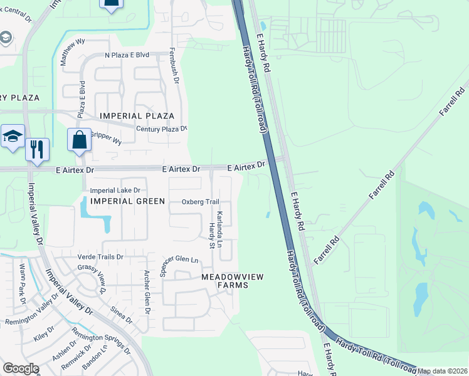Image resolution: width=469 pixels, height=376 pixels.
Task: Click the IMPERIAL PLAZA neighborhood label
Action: (x=137, y=116)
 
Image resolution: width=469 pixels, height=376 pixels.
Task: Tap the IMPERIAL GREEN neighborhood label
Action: (x=128, y=201)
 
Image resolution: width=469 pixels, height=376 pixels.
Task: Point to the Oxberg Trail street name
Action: (x=200, y=202)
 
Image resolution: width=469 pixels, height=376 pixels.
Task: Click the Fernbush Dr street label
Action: (x=174, y=68)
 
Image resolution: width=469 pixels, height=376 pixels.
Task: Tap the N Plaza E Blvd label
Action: (x=127, y=55)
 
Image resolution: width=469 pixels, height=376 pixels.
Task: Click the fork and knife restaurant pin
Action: (x=37, y=149)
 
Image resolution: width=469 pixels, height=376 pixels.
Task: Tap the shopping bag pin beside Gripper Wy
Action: (x=80, y=140)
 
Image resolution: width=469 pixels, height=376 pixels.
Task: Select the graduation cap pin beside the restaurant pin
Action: (x=13, y=137)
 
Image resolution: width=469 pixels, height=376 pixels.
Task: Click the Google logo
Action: (x=20, y=369)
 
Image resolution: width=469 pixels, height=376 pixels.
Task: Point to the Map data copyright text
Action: (x=443, y=372)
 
